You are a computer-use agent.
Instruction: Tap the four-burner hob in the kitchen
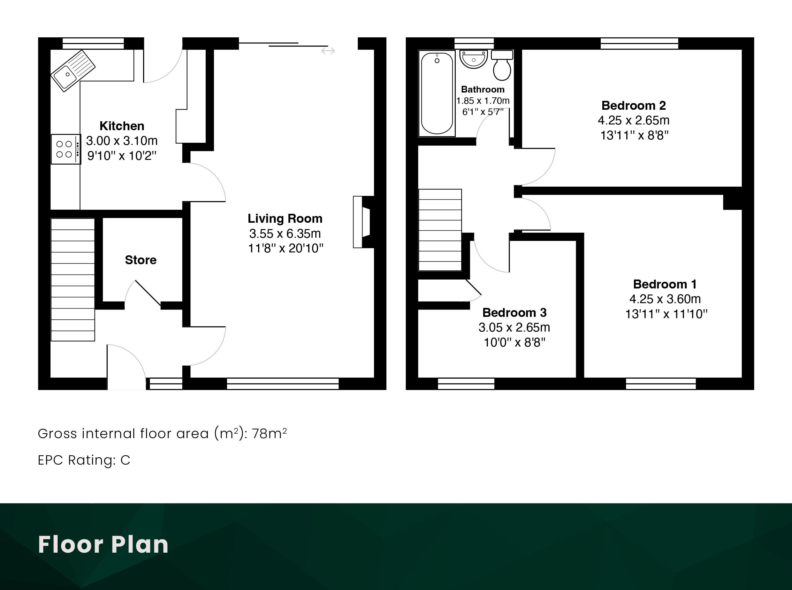(x=66, y=149)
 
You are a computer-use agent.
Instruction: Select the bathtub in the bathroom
(x=437, y=93)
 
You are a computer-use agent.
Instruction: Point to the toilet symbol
(x=502, y=65)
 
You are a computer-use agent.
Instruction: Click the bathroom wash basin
(x=474, y=59)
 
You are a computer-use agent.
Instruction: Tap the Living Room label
(x=285, y=218)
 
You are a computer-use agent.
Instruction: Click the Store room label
(x=141, y=260)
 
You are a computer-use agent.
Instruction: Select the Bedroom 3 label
(x=514, y=312)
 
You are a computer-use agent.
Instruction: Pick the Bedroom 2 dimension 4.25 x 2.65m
(x=633, y=120)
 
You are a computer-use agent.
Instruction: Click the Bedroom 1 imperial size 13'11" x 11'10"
(x=666, y=314)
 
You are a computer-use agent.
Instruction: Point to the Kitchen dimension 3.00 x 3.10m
(x=122, y=141)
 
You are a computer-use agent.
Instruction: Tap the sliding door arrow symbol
(x=328, y=51)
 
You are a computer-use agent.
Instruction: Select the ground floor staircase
(x=73, y=280)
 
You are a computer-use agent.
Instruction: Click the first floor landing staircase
(x=440, y=230)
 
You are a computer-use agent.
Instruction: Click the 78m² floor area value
(x=269, y=433)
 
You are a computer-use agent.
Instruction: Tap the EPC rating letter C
(x=125, y=460)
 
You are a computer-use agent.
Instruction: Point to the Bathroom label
(x=483, y=89)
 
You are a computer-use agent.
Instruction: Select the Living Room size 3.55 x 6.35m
(x=285, y=234)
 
